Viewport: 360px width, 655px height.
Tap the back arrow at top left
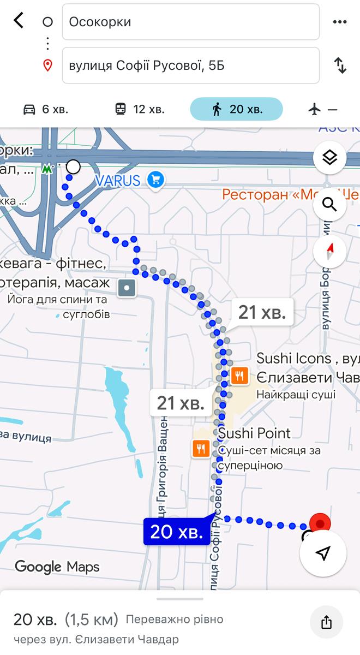point(19,21)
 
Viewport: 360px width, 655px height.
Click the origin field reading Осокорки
point(190,22)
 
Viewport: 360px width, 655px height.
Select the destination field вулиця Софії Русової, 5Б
point(190,65)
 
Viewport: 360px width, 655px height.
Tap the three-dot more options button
point(339,22)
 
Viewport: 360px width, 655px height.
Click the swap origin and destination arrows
point(340,65)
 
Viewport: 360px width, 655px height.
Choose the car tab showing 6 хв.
point(46,109)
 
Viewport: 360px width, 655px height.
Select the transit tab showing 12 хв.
point(140,109)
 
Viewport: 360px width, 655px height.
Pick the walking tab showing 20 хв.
point(236,109)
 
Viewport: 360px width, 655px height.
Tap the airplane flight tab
point(323,109)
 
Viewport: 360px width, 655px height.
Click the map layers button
point(330,158)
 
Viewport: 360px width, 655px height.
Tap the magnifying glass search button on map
point(330,205)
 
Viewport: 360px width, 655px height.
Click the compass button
point(330,252)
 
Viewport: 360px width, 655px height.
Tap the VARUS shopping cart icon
point(157,180)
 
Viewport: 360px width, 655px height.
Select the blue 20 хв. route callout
point(177,532)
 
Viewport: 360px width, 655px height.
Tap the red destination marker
point(320,523)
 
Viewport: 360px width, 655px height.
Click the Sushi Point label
point(255,433)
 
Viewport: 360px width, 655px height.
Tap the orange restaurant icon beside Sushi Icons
point(240,376)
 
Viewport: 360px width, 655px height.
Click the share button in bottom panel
point(326,622)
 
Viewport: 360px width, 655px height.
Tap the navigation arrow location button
point(323,553)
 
